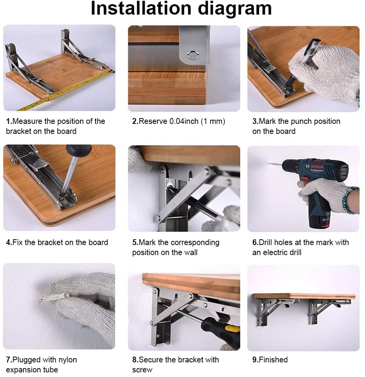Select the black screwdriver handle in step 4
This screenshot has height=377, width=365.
[79, 150]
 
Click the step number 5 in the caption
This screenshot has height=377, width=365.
[135, 243]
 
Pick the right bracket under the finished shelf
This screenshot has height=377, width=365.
[325, 310]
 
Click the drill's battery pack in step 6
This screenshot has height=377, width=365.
[320, 219]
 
